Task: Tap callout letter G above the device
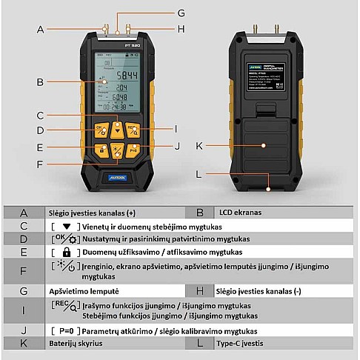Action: pyautogui.click(x=180, y=13)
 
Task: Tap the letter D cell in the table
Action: pyautogui.click(x=24, y=239)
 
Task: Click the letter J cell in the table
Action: pyautogui.click(x=24, y=330)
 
